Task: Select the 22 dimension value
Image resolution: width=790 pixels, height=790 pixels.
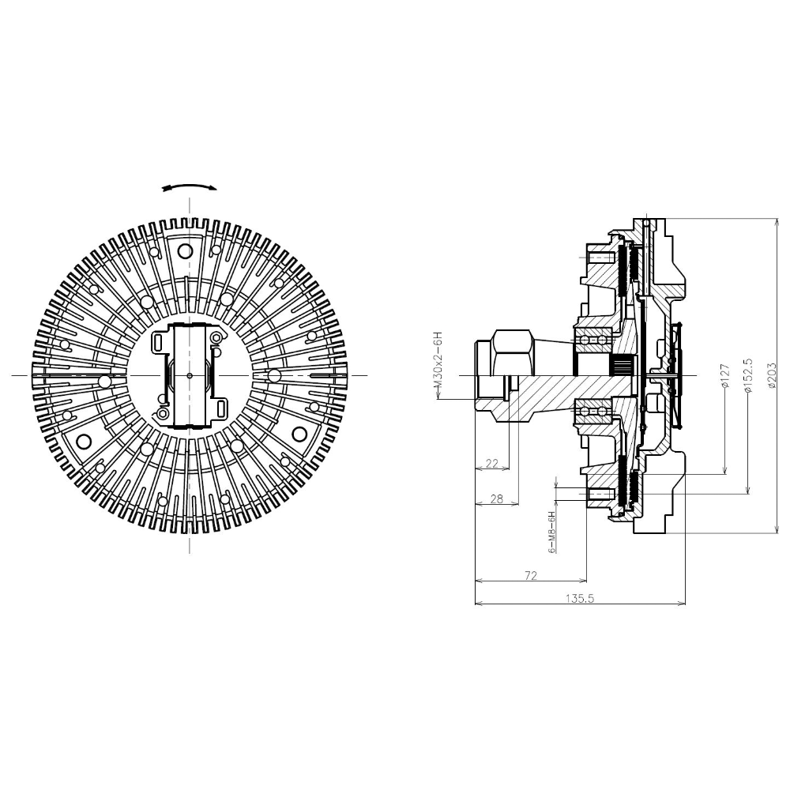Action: point(491,464)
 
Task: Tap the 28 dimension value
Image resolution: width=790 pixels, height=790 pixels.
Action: point(497,498)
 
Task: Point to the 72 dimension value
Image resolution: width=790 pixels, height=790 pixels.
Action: point(531,575)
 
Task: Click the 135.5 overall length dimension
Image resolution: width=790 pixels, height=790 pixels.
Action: point(580,599)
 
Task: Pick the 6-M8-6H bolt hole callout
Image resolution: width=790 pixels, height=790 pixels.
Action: point(552,532)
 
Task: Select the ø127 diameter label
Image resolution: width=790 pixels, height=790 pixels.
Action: point(726,376)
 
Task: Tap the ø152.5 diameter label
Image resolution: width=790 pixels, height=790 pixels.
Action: point(748,376)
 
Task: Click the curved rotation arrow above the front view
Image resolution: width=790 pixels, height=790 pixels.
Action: point(190,186)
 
